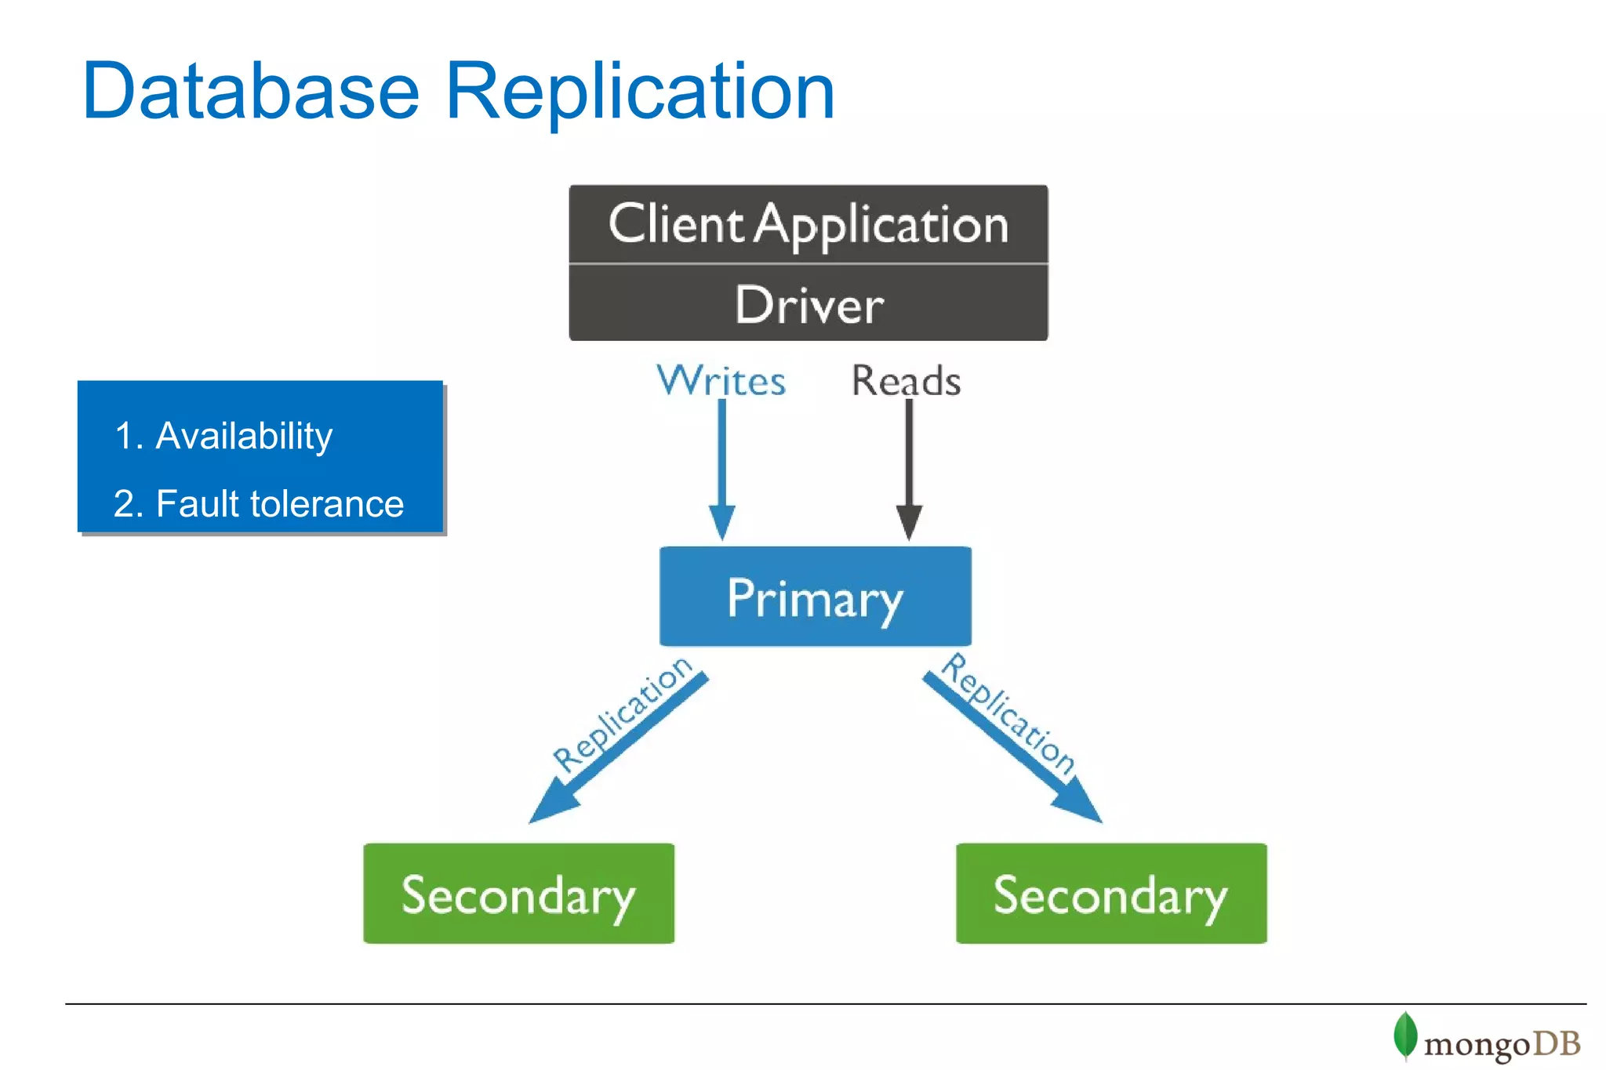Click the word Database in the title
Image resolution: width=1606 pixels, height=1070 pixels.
pos(251,92)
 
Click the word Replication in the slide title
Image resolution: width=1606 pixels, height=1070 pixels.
pos(639,92)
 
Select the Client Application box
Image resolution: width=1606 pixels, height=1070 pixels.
pos(808,224)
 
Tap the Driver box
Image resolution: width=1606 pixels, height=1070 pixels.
pos(808,304)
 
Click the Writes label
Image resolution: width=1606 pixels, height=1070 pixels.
pos(721,381)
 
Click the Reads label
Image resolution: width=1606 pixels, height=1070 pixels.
pos(906,381)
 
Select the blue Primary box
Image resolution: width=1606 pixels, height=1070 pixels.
pos(815,597)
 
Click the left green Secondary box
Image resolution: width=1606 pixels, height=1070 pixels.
pos(518,893)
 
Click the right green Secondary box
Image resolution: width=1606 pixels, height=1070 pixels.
pos(1110,893)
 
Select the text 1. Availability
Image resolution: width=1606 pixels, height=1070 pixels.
pos(223,436)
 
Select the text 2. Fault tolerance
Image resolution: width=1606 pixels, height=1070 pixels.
pos(258,503)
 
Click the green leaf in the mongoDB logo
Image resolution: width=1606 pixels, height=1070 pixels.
pos(1404,1035)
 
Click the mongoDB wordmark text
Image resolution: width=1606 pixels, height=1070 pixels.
pos(1501,1044)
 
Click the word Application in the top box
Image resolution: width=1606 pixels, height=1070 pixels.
pos(882,226)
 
